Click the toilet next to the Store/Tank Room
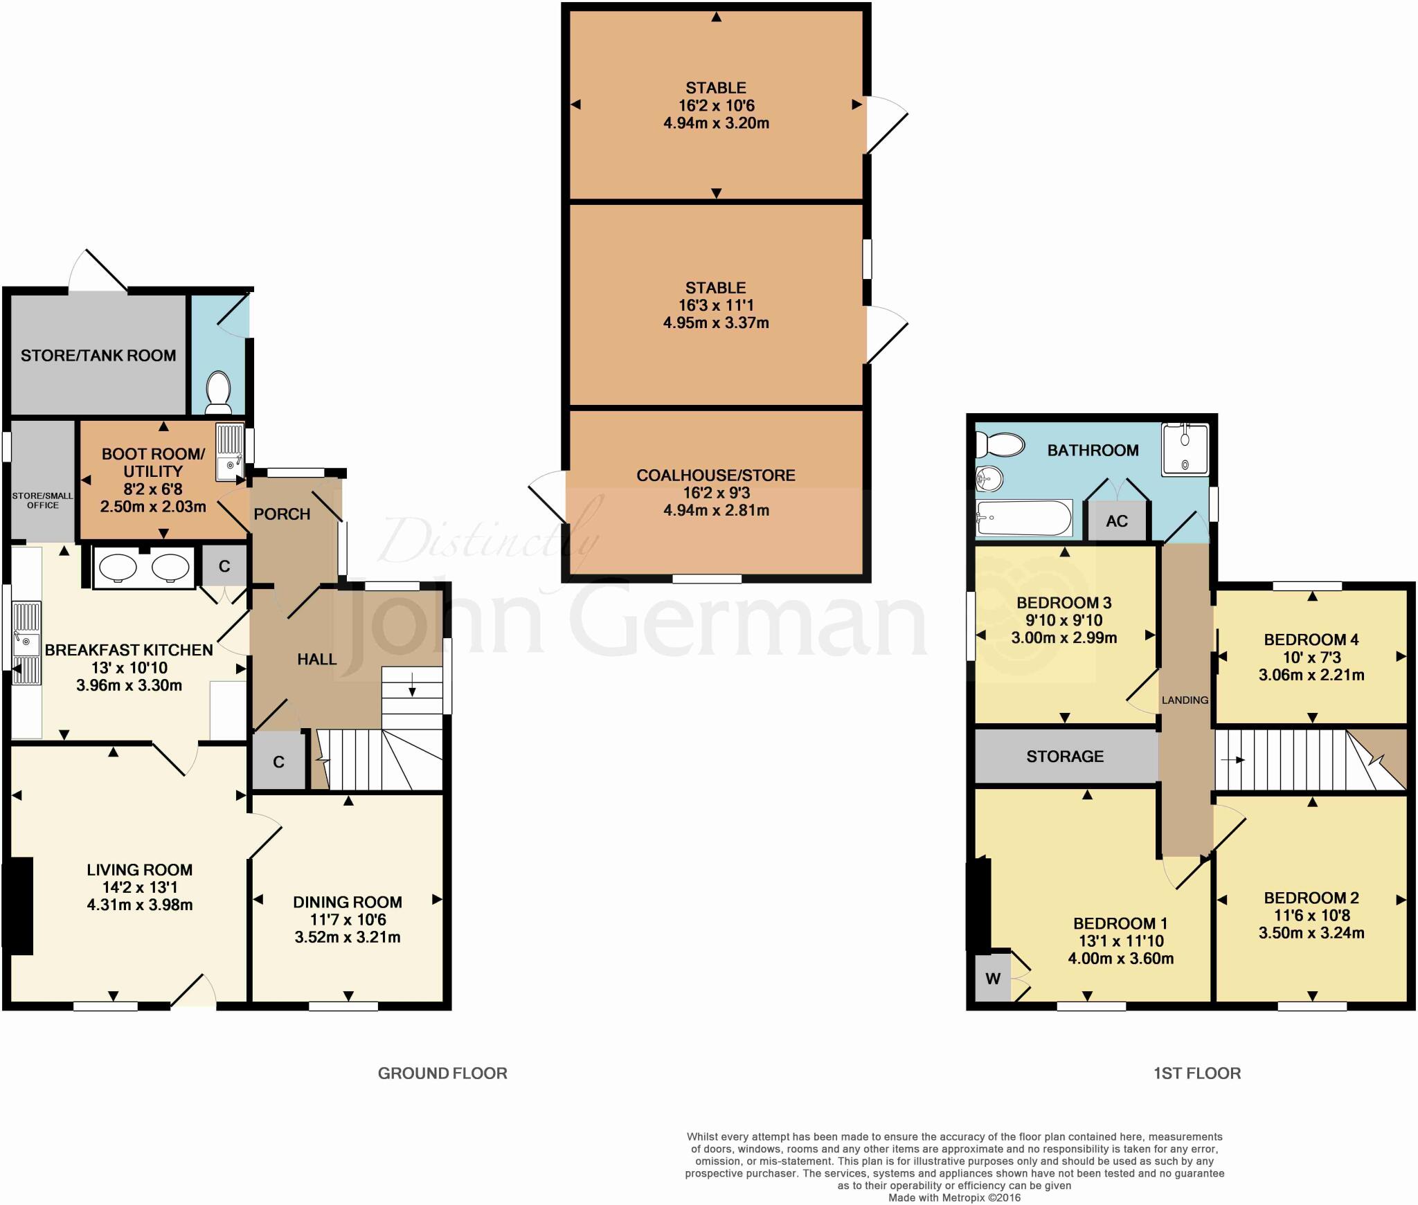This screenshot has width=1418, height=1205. pos(219,389)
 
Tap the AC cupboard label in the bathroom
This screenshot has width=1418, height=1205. pos(1116,521)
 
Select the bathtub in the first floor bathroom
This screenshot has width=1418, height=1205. pos(1023,518)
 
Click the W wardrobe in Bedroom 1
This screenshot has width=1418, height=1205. pos(992,978)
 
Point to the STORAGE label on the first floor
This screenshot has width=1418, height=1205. pos(1064,756)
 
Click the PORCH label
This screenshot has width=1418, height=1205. pos(282,514)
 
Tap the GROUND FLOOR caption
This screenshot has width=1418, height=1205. pos(442,1073)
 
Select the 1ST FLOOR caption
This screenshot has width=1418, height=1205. pos(1196,1073)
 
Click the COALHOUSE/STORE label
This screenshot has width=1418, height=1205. pos(716,475)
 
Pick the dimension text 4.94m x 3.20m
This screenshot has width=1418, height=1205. pos(716,123)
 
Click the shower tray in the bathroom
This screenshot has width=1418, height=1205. pos(1185,449)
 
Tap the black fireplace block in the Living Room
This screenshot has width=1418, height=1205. pos(19,906)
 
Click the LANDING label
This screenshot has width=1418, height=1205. pos(1185,700)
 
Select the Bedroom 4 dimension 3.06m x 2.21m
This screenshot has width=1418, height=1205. pos(1311,675)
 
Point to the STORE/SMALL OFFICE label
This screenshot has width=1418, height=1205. pos(43,500)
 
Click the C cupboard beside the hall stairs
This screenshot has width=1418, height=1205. pos(278,762)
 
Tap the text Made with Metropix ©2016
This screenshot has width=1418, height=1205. pos(954,1197)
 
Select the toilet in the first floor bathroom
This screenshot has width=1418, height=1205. pos(999,444)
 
